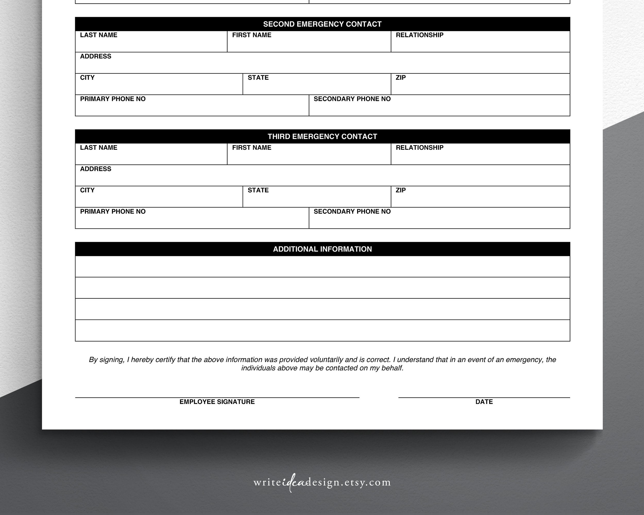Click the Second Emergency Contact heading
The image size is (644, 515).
tap(322, 24)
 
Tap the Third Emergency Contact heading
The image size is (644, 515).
tap(322, 137)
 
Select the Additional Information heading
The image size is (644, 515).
tap(322, 249)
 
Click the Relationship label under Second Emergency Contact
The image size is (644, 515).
tap(419, 35)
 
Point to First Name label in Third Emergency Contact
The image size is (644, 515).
tap(251, 148)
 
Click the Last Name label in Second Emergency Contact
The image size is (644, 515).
tap(99, 35)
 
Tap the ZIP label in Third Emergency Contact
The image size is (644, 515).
tap(401, 190)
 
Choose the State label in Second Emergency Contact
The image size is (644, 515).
tap(258, 78)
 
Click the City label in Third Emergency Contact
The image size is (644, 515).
tap(87, 190)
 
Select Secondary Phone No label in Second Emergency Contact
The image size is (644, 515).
tap(352, 99)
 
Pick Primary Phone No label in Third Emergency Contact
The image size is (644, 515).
tap(113, 212)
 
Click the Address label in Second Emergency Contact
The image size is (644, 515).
tap(96, 56)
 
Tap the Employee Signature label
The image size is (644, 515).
tap(217, 402)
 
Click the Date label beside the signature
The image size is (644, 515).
tap(484, 402)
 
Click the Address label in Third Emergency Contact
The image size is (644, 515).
tap(96, 169)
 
